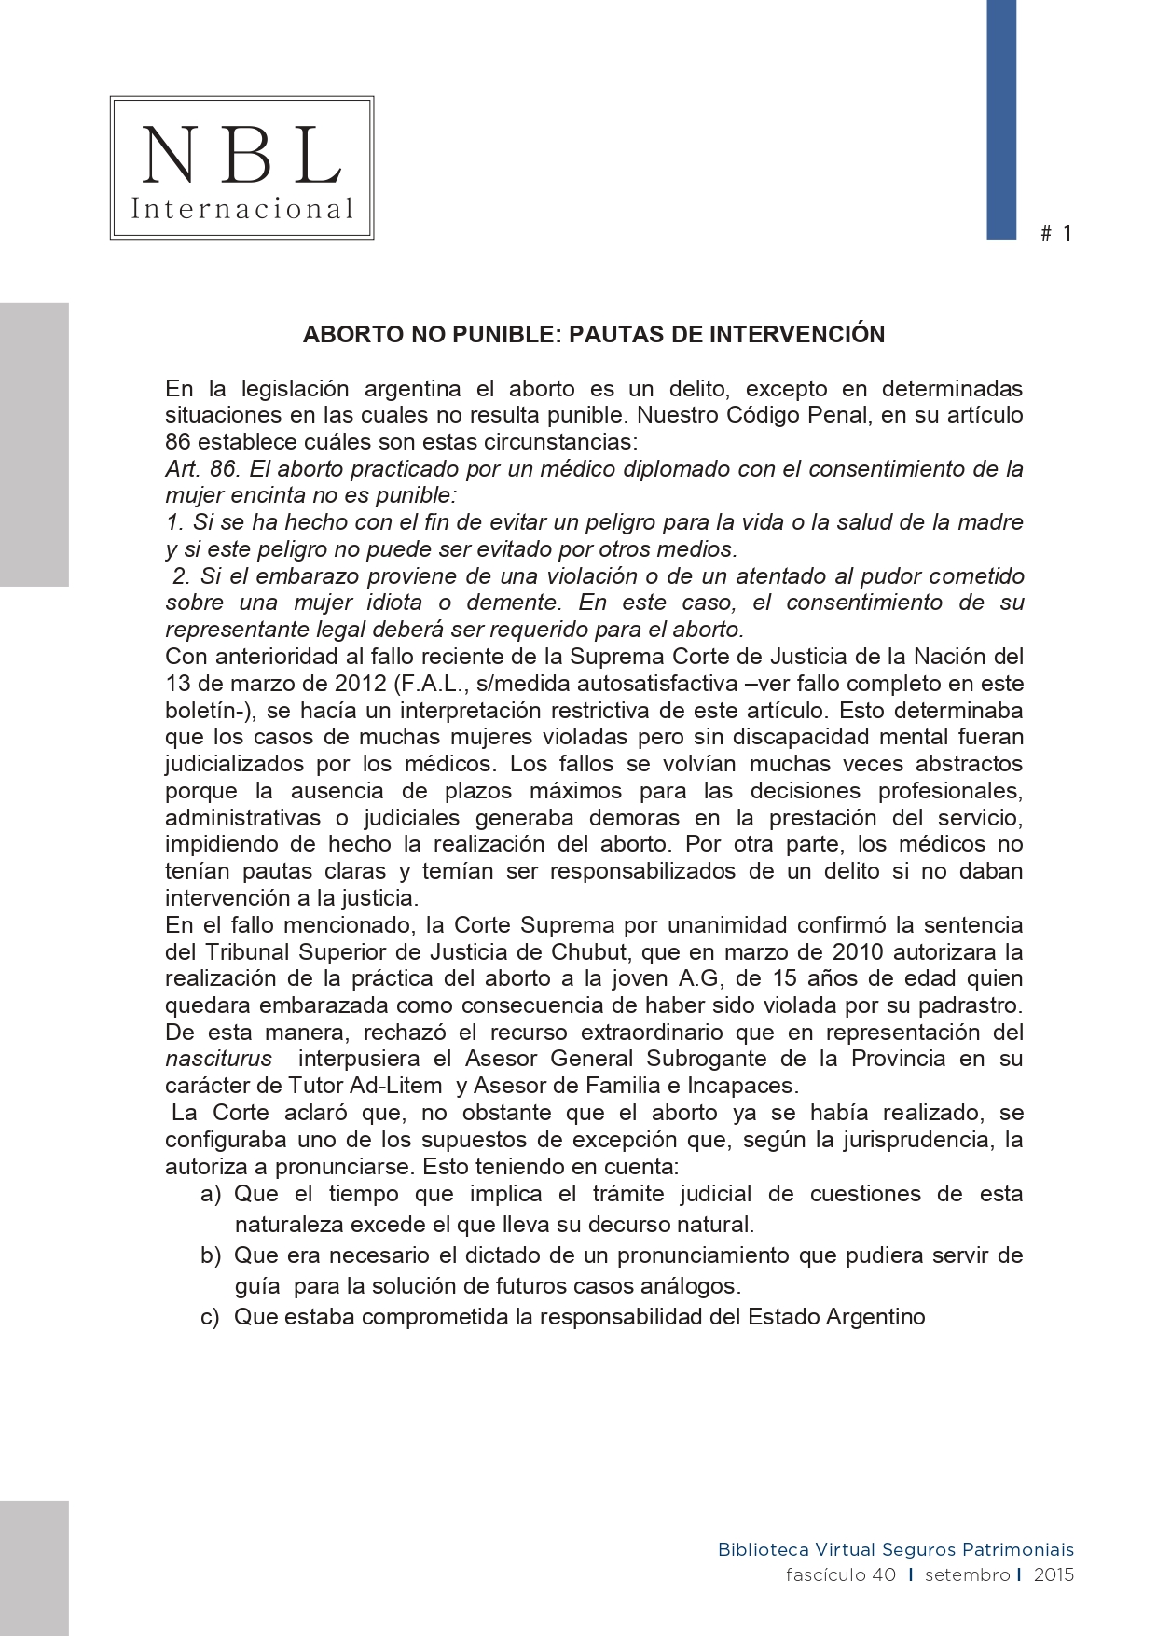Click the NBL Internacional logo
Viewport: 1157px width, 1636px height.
(241, 168)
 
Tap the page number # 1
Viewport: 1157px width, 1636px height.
(1056, 233)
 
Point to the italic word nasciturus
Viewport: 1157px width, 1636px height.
(219, 1060)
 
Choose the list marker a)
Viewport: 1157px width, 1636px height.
(211, 1195)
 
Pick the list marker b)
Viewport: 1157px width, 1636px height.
(211, 1255)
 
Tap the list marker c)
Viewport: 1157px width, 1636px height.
(211, 1317)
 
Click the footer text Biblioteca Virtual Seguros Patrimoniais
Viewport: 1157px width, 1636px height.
(895, 1550)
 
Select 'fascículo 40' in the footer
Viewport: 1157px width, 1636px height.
(840, 1575)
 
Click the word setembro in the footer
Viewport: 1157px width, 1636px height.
(967, 1575)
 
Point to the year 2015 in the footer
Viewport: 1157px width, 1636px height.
(1054, 1575)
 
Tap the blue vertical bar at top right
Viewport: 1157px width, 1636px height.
(1001, 119)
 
